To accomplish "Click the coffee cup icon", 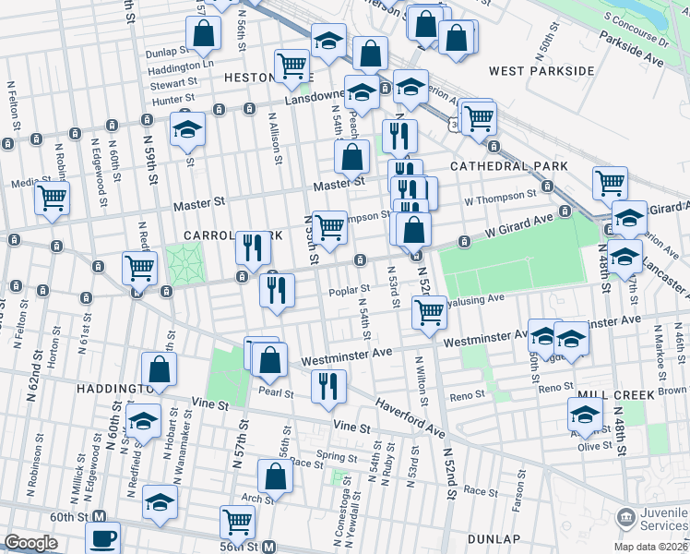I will (x=102, y=536).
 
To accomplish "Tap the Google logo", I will (x=30, y=543).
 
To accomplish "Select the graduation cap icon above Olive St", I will (x=585, y=413).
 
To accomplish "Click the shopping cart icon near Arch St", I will (x=237, y=522).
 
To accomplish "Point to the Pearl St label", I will (x=276, y=393).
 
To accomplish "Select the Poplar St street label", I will (x=349, y=293).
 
